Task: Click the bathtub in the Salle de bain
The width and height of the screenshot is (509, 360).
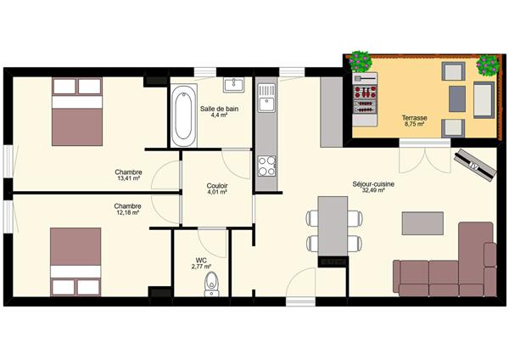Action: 183,115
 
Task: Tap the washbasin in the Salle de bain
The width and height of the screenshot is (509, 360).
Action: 234,84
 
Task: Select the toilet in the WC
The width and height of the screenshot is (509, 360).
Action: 211,284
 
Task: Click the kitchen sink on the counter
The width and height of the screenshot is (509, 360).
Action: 266,98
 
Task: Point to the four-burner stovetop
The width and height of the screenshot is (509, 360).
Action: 266,166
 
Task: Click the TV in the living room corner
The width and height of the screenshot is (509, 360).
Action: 476,164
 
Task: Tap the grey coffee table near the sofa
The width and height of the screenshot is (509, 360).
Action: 422,223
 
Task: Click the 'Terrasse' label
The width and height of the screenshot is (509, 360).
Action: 415,118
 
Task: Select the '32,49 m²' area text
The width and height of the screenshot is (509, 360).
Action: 373,190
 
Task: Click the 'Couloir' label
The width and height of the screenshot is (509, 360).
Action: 217,186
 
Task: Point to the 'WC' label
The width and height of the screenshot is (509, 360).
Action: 201,261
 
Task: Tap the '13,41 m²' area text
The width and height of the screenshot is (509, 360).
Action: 129,178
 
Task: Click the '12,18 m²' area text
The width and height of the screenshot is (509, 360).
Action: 127,212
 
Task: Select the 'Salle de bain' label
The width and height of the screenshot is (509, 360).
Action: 219,109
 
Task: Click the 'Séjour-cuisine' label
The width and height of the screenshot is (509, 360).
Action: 373,184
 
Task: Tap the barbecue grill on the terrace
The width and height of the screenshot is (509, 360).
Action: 365,99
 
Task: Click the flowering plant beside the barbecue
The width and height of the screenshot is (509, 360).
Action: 361,61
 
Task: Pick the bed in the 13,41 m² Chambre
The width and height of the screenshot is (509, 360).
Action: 77,111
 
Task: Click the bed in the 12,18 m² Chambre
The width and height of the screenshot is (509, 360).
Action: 76,262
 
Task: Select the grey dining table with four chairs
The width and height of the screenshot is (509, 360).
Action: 333,226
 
